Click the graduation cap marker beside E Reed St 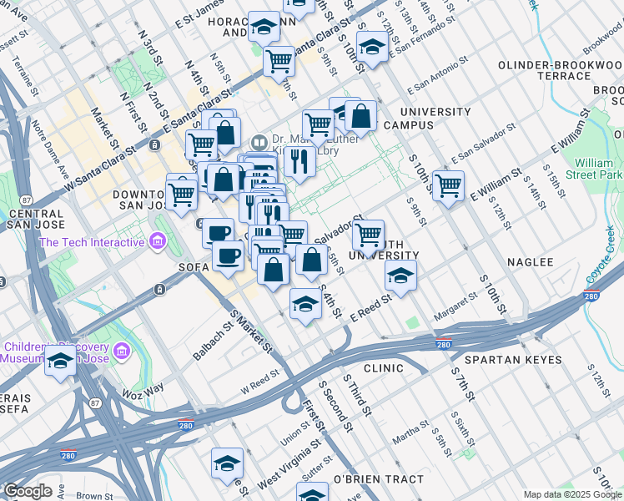pyautogui.click(x=400, y=276)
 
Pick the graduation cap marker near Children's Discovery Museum pyautogui.click(x=60, y=362)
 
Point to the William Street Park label pyautogui.click(x=598, y=169)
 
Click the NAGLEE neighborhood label pyautogui.click(x=527, y=262)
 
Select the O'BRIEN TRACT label pyautogui.click(x=378, y=478)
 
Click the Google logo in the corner pyautogui.click(x=28, y=491)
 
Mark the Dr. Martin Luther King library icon pyautogui.click(x=259, y=141)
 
